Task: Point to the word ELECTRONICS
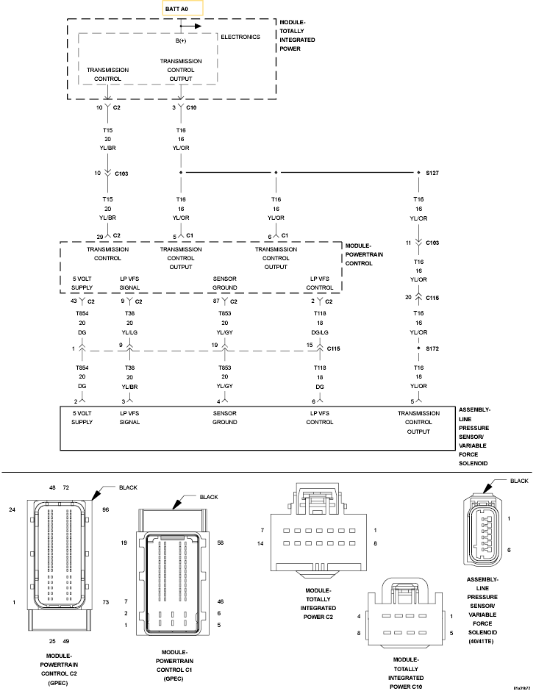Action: tap(240, 37)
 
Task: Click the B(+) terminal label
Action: tap(180, 41)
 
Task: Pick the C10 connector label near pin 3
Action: tap(191, 108)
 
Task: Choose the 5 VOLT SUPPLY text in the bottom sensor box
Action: tap(82, 418)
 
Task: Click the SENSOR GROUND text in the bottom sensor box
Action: tap(224, 418)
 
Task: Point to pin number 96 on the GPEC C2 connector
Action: tap(106, 509)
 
